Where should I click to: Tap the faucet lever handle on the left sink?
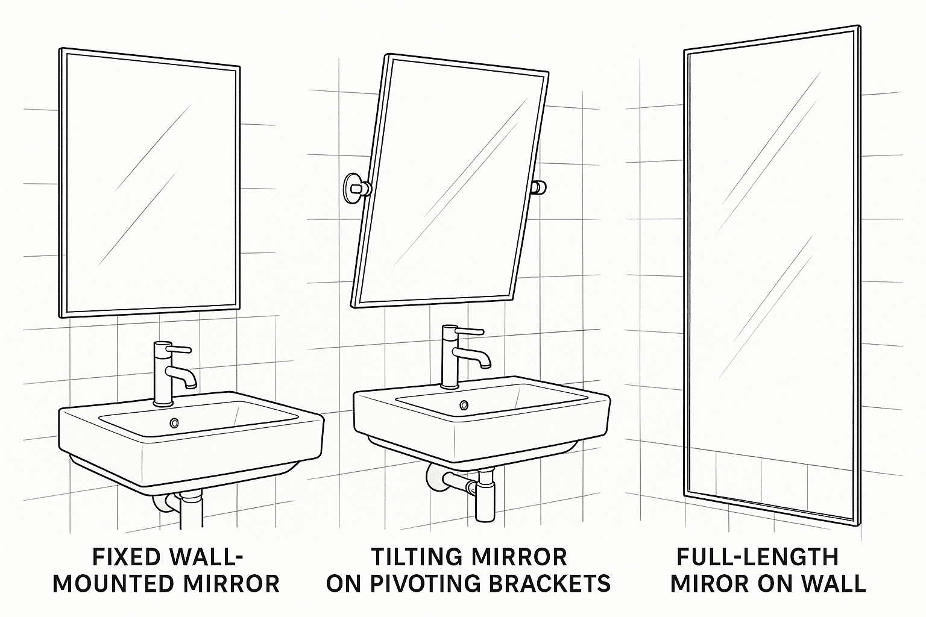point(180,349)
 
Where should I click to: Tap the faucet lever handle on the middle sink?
point(470,331)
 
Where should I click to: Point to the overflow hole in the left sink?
point(174,423)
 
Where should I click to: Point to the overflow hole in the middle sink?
point(464,404)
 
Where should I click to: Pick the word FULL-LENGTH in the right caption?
point(757,557)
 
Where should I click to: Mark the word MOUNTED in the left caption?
point(117,583)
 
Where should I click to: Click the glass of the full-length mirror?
point(772,271)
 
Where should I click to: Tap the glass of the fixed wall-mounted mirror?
point(150,181)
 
